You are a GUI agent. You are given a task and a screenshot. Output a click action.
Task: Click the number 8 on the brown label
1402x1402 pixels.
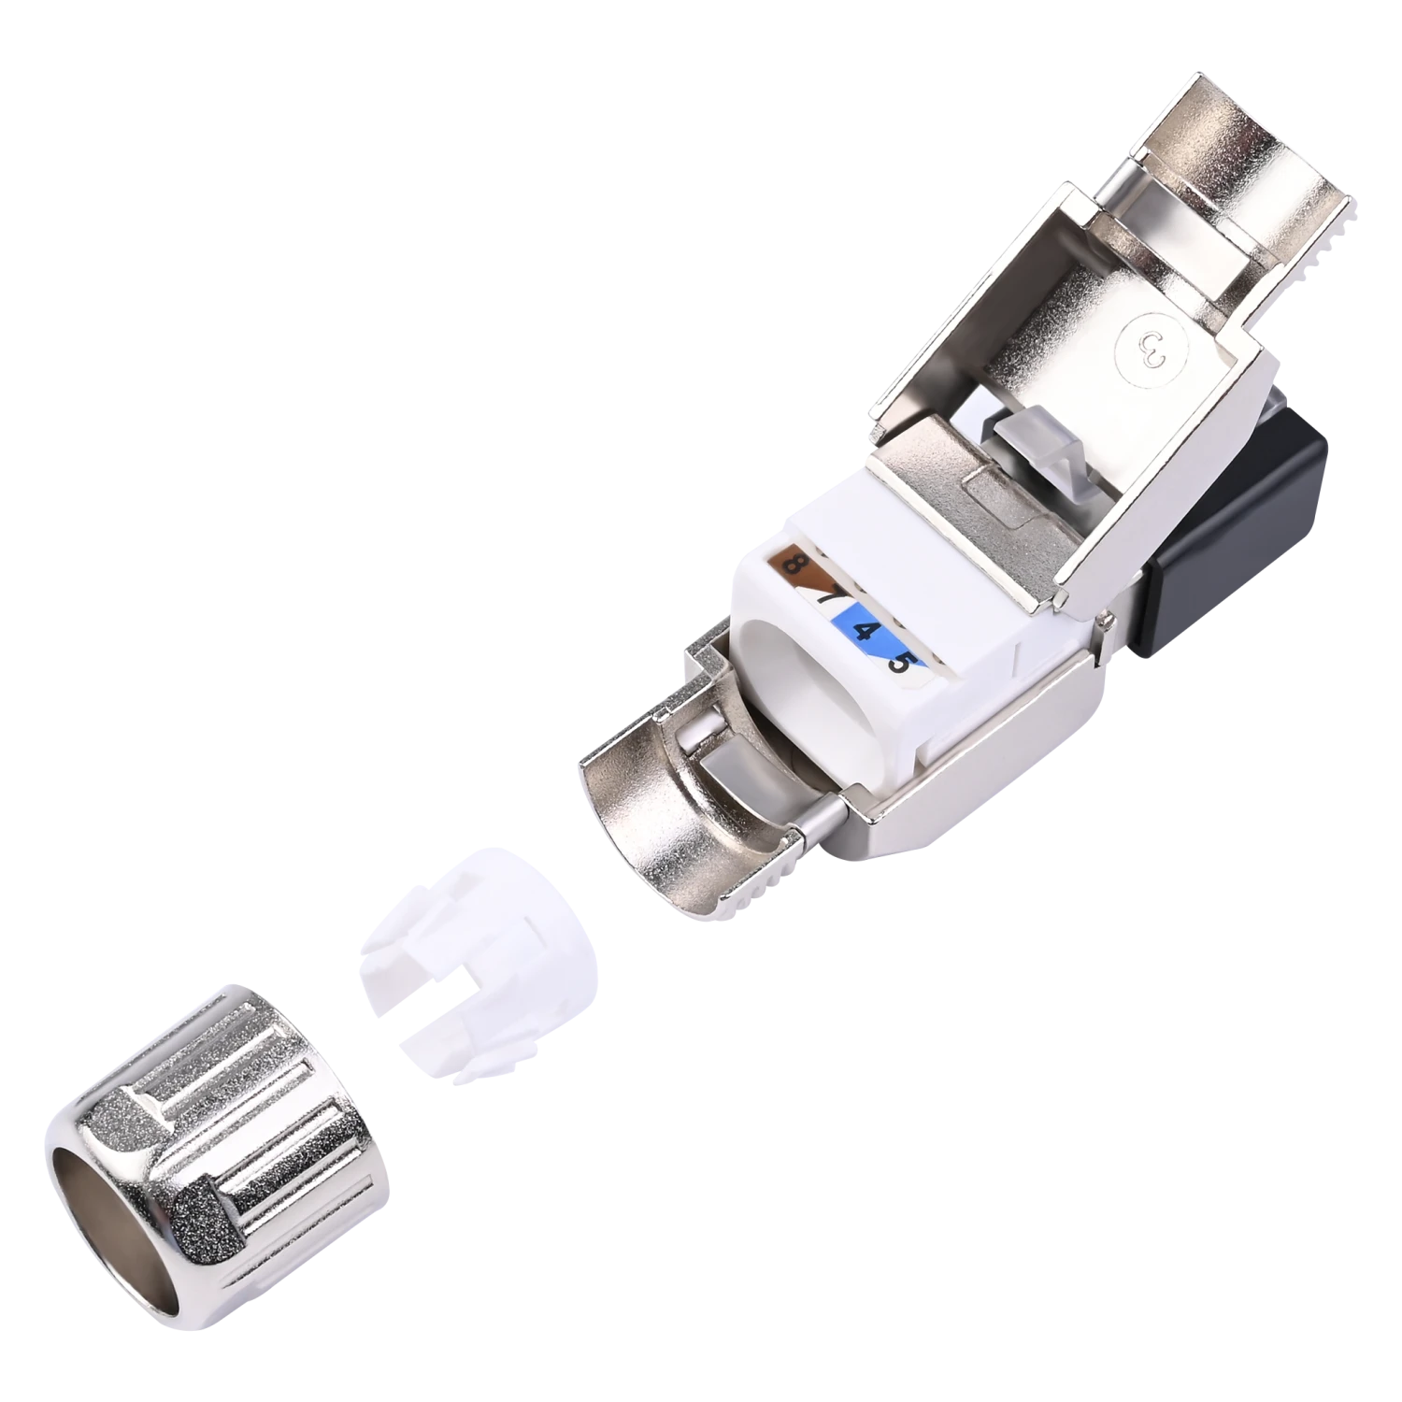[x=796, y=564]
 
